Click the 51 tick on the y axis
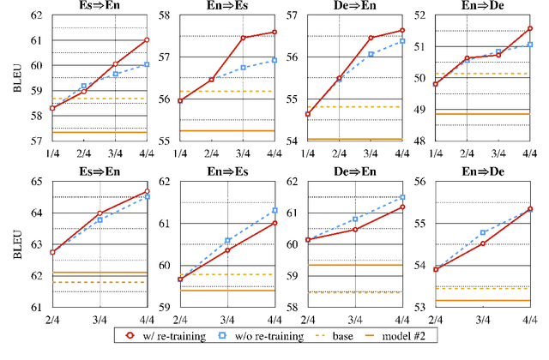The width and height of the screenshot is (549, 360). [x=428, y=46]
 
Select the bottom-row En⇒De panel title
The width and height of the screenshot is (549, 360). [x=485, y=173]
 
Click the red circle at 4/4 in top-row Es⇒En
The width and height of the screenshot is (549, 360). [x=147, y=40]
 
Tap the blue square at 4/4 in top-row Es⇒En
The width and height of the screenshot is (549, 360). [x=147, y=64]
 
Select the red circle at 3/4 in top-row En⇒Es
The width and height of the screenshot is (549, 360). [x=244, y=38]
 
